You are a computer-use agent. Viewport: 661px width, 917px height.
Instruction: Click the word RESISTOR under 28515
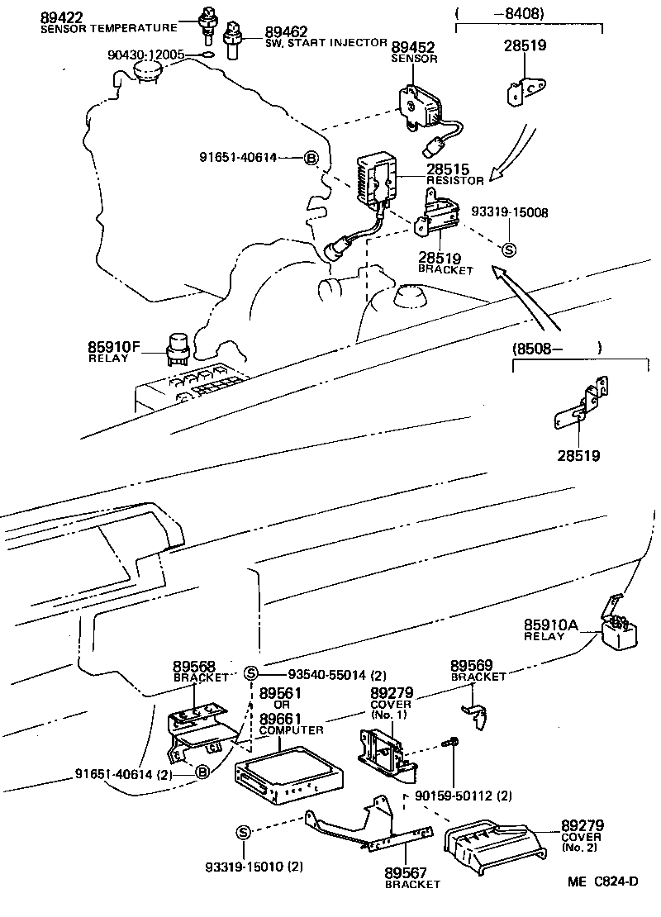[x=454, y=180]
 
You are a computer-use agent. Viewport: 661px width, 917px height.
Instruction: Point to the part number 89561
[x=280, y=692]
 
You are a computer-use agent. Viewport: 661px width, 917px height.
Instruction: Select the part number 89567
[x=405, y=872]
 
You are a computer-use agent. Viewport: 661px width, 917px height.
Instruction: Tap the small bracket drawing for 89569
[x=473, y=711]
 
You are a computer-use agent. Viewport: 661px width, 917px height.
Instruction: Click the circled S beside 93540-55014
[x=252, y=672]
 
